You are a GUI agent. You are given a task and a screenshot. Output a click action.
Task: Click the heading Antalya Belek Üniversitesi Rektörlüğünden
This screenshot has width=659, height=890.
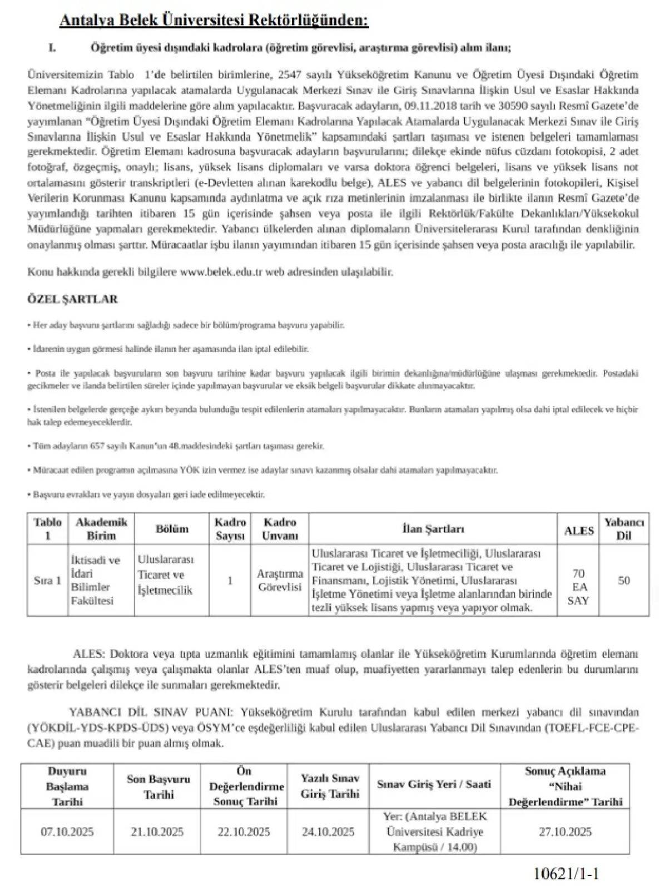(214, 21)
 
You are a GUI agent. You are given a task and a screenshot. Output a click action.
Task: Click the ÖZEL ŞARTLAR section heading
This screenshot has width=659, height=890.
(72, 299)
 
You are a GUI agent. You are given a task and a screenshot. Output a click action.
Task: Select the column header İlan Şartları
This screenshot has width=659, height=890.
(433, 528)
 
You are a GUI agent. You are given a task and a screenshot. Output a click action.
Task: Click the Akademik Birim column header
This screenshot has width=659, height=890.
(101, 528)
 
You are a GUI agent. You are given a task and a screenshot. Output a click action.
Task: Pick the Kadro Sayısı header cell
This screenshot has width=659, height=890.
(230, 528)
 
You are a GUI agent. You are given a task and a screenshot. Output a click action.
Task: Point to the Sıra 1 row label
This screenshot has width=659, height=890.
(47, 580)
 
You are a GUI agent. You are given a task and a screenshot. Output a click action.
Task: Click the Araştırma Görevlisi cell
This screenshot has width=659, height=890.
(280, 580)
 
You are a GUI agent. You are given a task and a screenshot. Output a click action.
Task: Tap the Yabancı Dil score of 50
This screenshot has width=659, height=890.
(623, 580)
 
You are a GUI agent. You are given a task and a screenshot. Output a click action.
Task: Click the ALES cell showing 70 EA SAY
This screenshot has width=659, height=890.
(578, 587)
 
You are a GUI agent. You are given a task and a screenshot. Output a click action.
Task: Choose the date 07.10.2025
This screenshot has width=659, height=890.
(67, 832)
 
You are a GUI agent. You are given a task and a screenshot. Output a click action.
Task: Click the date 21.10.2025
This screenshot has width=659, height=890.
(157, 832)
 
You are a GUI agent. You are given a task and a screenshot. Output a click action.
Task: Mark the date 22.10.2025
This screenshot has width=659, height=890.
(244, 832)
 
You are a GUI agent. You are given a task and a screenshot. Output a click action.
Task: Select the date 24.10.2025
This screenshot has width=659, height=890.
(328, 832)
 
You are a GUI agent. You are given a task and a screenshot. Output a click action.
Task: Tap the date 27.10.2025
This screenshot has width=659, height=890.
(565, 832)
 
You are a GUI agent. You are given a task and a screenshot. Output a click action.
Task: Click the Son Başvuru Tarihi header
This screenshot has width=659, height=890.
(158, 787)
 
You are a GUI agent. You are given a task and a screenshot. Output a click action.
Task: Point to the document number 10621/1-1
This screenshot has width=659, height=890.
(566, 873)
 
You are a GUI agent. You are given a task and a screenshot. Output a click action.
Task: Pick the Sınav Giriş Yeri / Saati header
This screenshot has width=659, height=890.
(434, 784)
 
